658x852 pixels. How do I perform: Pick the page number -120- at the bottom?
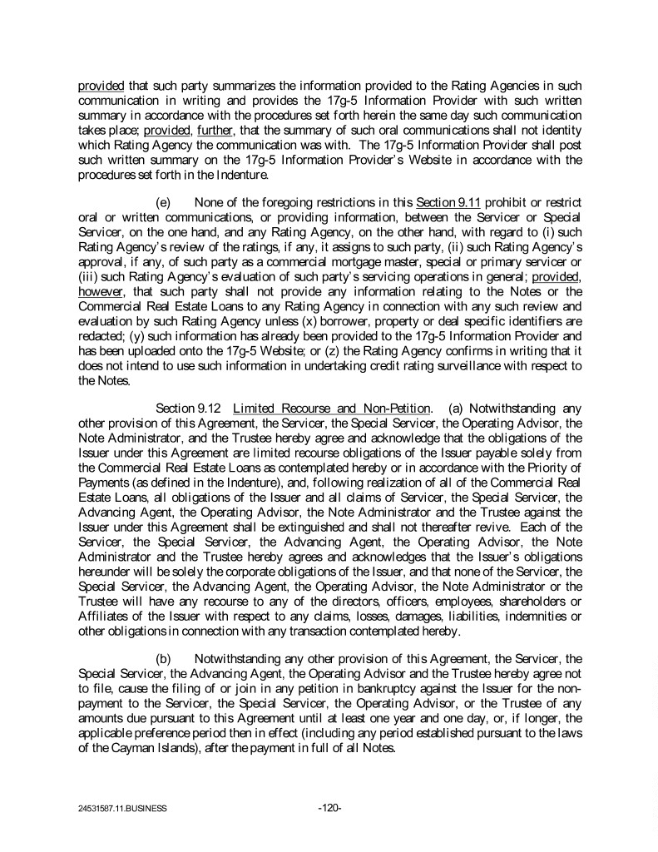click(330, 808)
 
